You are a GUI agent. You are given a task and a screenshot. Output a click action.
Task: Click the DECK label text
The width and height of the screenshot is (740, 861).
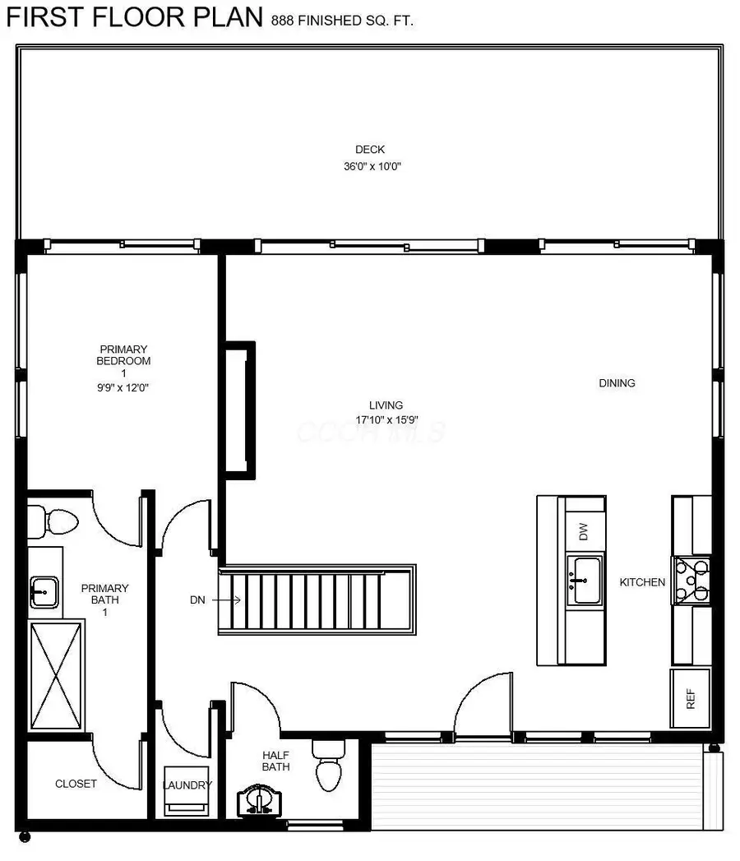coord(369,150)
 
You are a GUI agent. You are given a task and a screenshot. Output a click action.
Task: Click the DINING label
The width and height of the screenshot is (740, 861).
coord(617,383)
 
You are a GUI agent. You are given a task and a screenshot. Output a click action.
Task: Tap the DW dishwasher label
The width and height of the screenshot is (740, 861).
coord(584,531)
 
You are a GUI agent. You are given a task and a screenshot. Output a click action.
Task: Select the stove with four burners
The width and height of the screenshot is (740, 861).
coord(691,580)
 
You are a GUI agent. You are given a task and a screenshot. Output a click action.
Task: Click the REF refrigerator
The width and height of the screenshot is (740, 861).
coord(691,699)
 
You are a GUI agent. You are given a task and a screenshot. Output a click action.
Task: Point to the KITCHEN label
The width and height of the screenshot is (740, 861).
coord(642,582)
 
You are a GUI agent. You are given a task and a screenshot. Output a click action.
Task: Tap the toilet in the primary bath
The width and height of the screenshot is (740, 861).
coord(54,521)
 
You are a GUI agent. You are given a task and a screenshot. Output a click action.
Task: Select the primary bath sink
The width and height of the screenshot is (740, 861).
coord(44,589)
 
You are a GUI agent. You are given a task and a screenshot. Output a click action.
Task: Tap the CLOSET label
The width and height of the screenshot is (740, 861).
coord(76,784)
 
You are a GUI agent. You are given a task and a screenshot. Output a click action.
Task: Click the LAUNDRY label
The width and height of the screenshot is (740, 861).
coord(187,785)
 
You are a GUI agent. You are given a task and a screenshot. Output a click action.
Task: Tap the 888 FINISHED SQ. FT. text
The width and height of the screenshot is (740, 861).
coord(342,20)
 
